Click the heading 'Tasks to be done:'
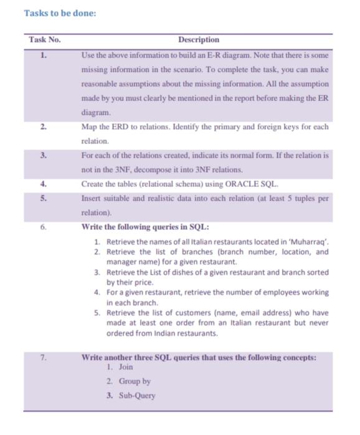pyautogui.click(x=60, y=12)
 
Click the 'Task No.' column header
pyautogui.click(x=45, y=40)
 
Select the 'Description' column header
pyautogui.click(x=199, y=40)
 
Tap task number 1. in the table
pyautogui.click(x=43, y=55)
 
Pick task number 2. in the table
pyautogui.click(x=43, y=127)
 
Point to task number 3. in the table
pyautogui.click(x=43, y=155)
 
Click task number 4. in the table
pyautogui.click(x=43, y=184)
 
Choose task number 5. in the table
pyautogui.click(x=43, y=197)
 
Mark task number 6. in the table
pyautogui.click(x=43, y=226)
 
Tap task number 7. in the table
pyautogui.click(x=43, y=358)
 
